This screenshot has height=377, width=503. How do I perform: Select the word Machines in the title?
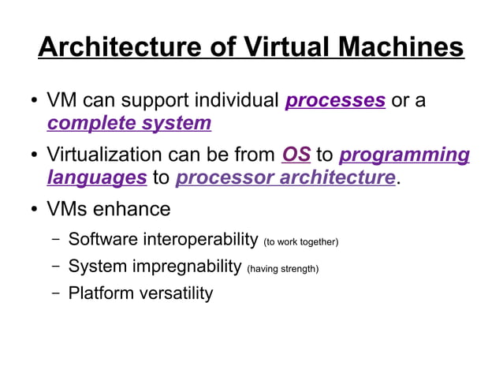coord(401,47)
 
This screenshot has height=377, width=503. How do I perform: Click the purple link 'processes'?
coord(336,101)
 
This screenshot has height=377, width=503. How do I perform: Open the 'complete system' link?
coord(129,124)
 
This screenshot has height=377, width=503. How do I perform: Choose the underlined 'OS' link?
coord(296,155)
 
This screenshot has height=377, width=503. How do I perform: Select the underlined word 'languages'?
coord(97,177)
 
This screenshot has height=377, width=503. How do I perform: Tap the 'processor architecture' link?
coord(285,177)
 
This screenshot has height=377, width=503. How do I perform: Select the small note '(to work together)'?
coord(300,241)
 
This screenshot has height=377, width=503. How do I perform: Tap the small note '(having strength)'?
coord(283,269)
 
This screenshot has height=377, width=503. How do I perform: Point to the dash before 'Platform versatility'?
coord(55,293)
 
